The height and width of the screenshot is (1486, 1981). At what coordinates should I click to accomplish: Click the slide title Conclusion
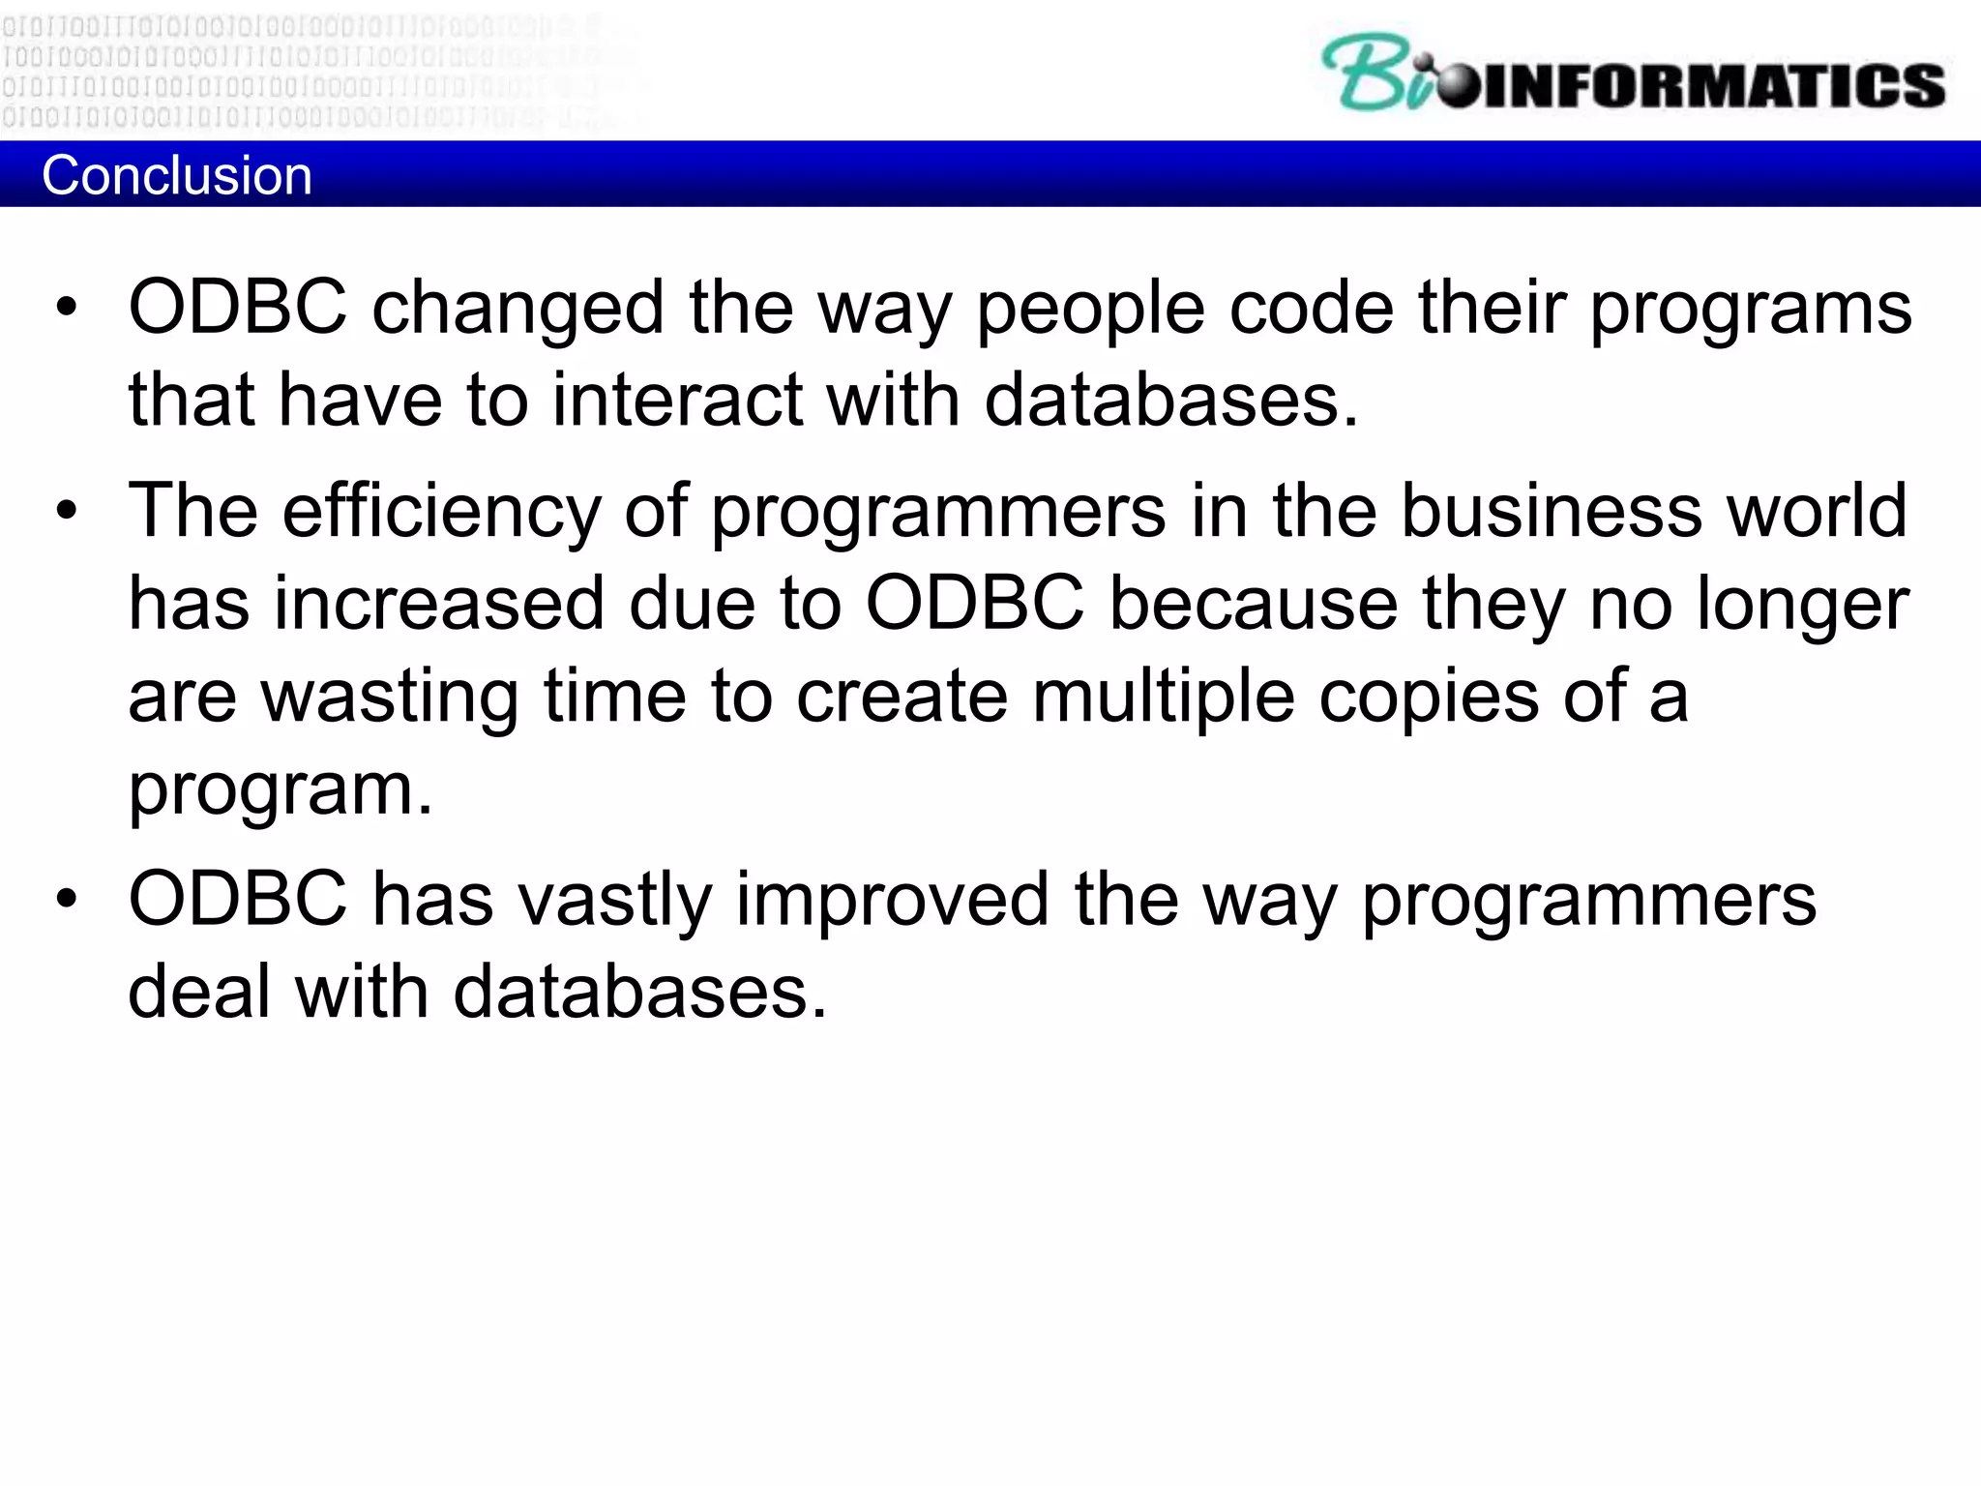[x=177, y=176]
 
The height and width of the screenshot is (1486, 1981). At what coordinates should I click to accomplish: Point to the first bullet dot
[x=66, y=308]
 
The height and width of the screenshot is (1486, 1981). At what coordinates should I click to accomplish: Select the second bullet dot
[x=66, y=510]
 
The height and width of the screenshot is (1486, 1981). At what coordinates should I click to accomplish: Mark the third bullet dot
[x=66, y=899]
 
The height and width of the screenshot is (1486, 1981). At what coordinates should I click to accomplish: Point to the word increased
[x=439, y=604]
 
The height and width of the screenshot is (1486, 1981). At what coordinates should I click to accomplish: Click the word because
[x=1253, y=604]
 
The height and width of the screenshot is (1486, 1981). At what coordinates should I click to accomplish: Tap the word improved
[x=892, y=901]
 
